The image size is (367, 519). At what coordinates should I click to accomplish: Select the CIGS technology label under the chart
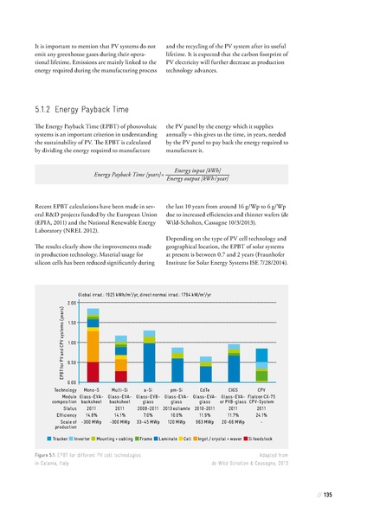click(234, 390)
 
